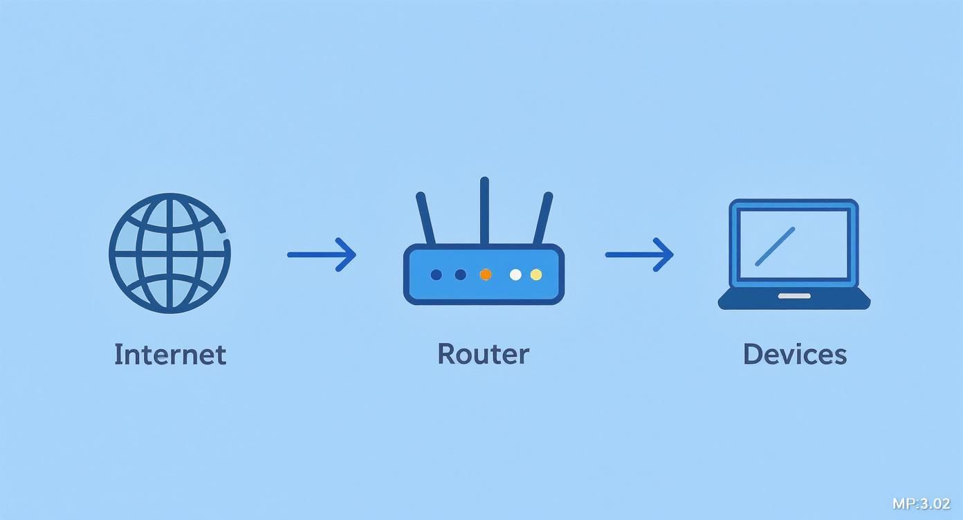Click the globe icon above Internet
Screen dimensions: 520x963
click(x=169, y=253)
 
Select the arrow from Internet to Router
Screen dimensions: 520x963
click(x=322, y=254)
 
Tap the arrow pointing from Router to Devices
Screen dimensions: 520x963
click(x=639, y=254)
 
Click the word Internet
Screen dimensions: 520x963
click(x=170, y=354)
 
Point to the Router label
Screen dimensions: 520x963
click(x=483, y=354)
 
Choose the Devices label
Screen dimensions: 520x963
click(x=794, y=354)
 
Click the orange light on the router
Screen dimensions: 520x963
click(x=486, y=275)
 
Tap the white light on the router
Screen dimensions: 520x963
click(x=515, y=275)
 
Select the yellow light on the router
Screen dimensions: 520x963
click(x=536, y=275)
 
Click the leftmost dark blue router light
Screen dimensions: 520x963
click(x=436, y=275)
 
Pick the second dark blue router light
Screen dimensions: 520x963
click(x=460, y=275)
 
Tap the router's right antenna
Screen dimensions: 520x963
click(x=542, y=219)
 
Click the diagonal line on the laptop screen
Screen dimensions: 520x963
click(x=774, y=247)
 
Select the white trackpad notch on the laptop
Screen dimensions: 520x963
click(x=794, y=296)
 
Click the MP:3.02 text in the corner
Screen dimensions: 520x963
click(x=921, y=503)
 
